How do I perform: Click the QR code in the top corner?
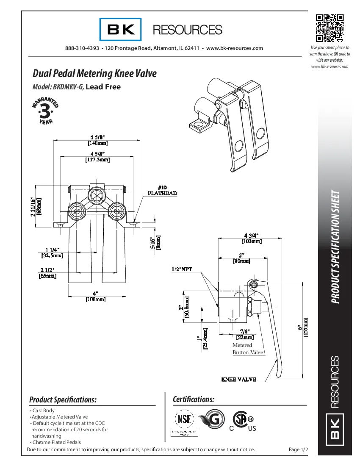[x=330, y=28]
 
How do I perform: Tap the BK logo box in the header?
[x=121, y=29]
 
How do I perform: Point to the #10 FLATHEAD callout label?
[x=162, y=190]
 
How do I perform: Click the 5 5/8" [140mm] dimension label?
[x=97, y=140]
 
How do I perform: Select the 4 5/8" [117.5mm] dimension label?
[x=97, y=157]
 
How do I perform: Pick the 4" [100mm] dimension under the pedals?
[x=97, y=296]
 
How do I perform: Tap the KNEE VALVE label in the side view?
[x=239, y=379]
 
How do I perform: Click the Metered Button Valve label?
[x=247, y=349]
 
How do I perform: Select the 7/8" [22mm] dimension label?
[x=244, y=334]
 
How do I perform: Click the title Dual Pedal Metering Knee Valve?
[x=94, y=73]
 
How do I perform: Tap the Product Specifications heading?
[x=63, y=399]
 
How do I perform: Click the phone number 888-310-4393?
[x=82, y=48]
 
